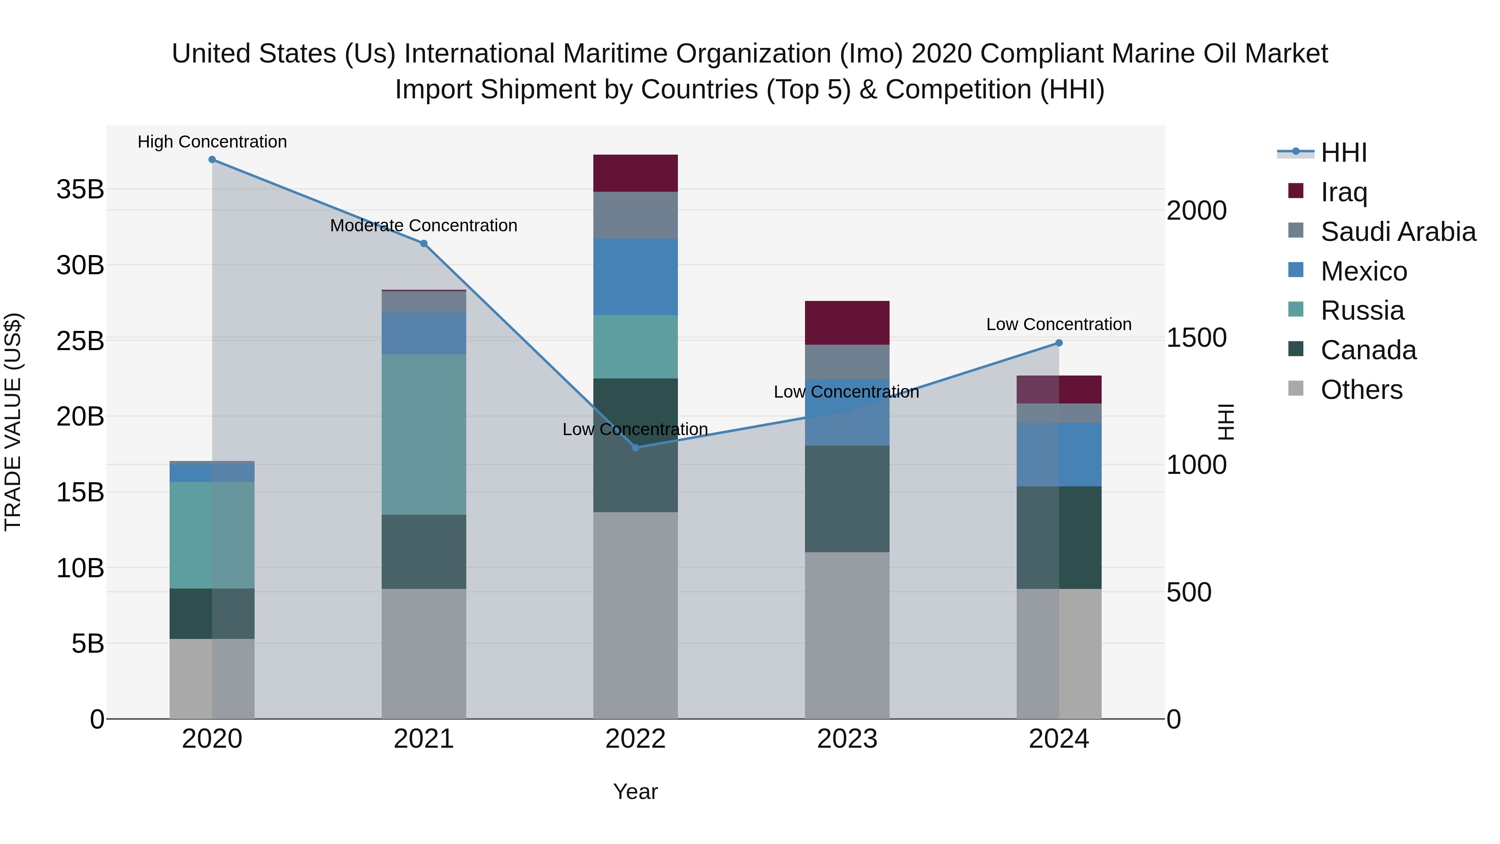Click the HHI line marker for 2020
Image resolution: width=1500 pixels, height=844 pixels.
(212, 160)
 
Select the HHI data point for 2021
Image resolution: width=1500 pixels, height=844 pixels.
(424, 243)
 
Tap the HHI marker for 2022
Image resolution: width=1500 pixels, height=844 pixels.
(635, 447)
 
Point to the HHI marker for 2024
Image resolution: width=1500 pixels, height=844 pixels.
(1059, 343)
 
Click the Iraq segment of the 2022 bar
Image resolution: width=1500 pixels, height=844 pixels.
(635, 173)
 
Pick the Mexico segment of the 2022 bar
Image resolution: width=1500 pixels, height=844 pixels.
(635, 277)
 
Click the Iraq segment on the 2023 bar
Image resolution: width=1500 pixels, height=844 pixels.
(847, 323)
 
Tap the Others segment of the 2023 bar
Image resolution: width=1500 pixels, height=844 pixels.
(847, 635)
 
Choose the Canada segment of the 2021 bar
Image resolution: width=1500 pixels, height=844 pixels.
(424, 551)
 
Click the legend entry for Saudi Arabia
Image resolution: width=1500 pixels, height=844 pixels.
(1397, 232)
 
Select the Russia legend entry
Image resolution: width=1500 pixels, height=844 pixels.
(1362, 311)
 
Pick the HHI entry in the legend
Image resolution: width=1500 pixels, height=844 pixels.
(1343, 153)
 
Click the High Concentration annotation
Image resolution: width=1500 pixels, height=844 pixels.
(212, 142)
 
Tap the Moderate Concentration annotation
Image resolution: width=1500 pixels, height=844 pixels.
(424, 225)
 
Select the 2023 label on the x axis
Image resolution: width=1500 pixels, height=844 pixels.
(847, 739)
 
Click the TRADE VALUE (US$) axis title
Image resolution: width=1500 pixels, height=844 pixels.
(13, 422)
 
